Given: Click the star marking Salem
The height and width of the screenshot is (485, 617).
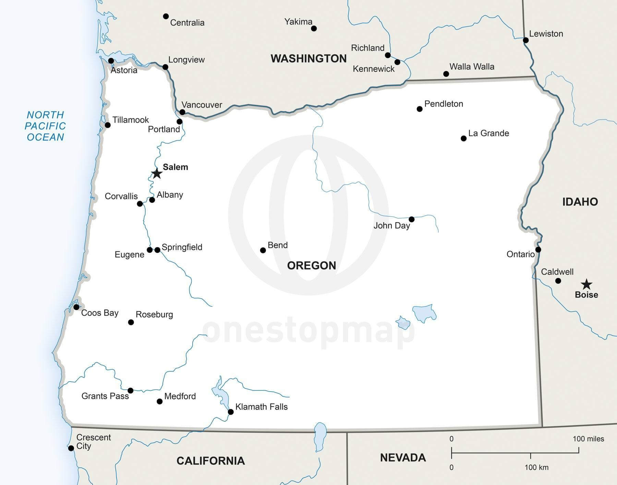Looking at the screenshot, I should coord(157,173).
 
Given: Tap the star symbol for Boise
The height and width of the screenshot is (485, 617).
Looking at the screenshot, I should coord(586,284).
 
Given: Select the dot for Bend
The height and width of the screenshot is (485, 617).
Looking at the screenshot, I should coord(263,250).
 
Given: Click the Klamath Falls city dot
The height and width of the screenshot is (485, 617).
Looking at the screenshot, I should coord(231,412).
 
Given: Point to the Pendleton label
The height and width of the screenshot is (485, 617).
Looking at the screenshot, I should coord(444,104).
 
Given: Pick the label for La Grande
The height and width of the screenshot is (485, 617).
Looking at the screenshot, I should coord(488,133).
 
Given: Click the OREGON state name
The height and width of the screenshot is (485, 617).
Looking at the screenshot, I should coord(311,265).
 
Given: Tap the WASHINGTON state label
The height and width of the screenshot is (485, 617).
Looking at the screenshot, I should coord(308,59).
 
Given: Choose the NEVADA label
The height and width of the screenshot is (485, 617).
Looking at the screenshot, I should coord(403,458).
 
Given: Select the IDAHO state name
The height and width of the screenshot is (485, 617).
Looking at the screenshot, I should coord(580,202).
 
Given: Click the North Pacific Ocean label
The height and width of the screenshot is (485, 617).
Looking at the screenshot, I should coord(45,126).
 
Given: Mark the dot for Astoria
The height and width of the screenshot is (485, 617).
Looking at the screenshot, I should coord(111,61).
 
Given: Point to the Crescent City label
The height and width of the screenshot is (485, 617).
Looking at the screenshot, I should coord(89,442).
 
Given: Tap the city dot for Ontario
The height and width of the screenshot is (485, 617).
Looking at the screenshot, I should coord(538,249).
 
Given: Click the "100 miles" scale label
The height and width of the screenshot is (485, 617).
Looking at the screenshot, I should coord(588,439).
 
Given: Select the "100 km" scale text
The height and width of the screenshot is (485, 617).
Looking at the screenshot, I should coord(536,467).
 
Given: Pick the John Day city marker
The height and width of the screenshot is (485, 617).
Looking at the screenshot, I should coord(412,219).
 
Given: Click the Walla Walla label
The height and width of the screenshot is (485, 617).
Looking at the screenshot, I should coord(472,66).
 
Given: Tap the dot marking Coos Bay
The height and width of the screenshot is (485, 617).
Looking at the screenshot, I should coord(76,307).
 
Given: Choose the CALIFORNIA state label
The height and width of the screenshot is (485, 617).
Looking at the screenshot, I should coord(210,461).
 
